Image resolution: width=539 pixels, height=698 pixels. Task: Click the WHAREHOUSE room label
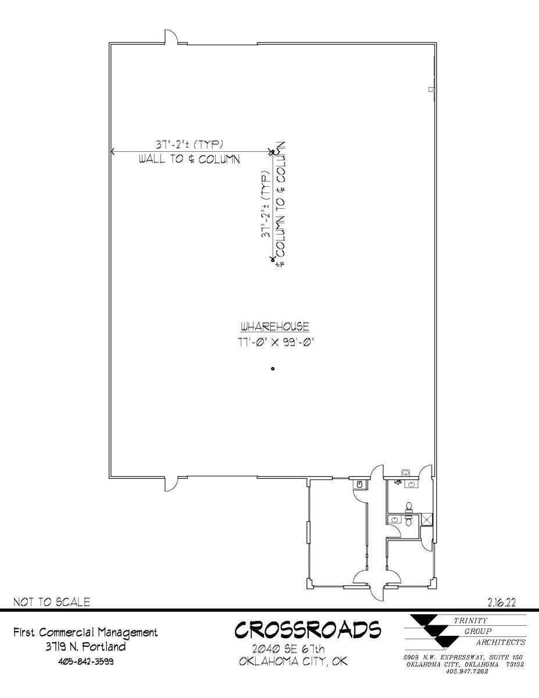pos(275,327)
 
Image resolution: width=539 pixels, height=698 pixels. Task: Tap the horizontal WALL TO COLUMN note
pos(189,159)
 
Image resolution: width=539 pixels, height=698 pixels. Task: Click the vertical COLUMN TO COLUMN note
pos(281,204)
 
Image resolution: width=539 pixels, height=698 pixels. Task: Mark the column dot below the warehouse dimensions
pos(273,369)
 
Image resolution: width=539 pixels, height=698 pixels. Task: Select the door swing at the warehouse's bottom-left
pos(170,482)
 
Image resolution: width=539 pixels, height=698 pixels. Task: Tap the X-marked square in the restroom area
pos(427,519)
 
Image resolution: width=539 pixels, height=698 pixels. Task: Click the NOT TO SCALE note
pos(52,602)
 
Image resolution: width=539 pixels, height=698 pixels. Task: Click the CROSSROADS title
pos(308,630)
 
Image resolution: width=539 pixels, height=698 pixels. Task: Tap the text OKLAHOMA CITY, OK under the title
pos(293,661)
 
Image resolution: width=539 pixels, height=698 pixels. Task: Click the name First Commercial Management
pos(85,632)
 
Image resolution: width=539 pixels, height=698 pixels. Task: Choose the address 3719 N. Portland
pos(85,646)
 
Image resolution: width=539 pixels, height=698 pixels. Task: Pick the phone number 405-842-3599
pos(85,661)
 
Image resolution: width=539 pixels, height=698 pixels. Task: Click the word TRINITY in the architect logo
pos(470,620)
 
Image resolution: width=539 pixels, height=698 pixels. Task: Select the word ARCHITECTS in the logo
pos(501,642)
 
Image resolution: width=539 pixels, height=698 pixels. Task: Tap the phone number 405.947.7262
pos(466,671)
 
